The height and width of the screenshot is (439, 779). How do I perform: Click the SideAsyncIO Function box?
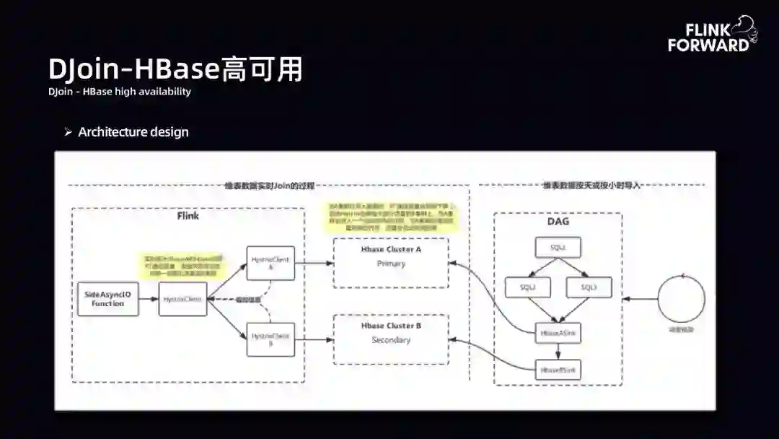107,300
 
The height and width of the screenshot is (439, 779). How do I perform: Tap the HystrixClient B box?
270,339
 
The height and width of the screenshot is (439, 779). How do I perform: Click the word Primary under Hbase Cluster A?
391,264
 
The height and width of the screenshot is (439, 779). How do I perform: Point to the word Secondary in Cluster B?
391,340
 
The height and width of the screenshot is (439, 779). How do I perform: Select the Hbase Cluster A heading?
391,249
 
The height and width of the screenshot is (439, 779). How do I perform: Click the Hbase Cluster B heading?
391,326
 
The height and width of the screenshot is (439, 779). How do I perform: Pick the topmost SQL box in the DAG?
558,248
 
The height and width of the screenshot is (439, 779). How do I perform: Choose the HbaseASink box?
558,332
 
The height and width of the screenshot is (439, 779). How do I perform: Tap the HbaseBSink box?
558,370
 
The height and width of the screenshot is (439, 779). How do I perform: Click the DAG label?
558,221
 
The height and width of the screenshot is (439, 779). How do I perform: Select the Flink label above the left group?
188,216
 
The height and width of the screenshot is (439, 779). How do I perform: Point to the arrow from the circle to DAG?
640,299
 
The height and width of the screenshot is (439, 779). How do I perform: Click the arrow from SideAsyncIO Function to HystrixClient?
147,299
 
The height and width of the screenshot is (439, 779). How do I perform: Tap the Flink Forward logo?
711,36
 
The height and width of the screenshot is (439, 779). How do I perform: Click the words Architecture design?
133,132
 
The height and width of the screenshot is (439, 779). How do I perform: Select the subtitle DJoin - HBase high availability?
120,92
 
